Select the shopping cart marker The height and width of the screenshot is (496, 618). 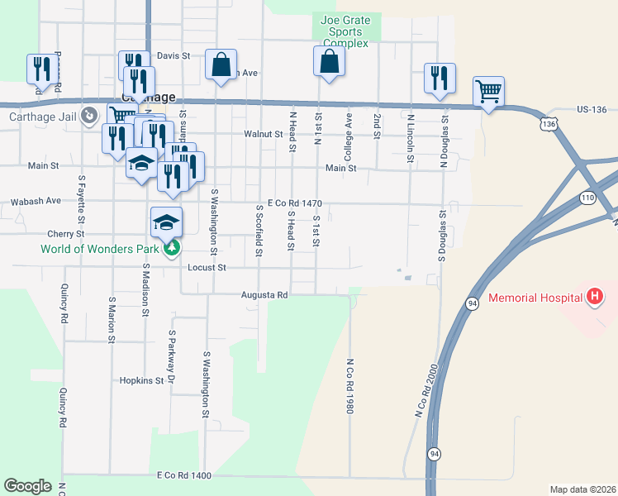pyautogui.click(x=488, y=93)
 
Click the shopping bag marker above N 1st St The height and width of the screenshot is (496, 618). pyautogui.click(x=329, y=62)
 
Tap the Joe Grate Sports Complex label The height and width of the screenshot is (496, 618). pyautogui.click(x=345, y=32)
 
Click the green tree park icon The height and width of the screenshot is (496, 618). pyautogui.click(x=172, y=247)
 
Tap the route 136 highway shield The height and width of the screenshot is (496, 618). pyautogui.click(x=549, y=123)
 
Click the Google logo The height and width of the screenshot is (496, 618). pyautogui.click(x=27, y=486)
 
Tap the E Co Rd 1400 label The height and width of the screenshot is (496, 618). pyautogui.click(x=183, y=476)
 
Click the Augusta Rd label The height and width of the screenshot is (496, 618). pyautogui.click(x=264, y=294)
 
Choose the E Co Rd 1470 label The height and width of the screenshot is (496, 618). pyautogui.click(x=294, y=203)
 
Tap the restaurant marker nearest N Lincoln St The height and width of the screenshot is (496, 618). pyautogui.click(x=440, y=79)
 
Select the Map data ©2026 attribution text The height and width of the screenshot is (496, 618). pyautogui.click(x=582, y=489)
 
